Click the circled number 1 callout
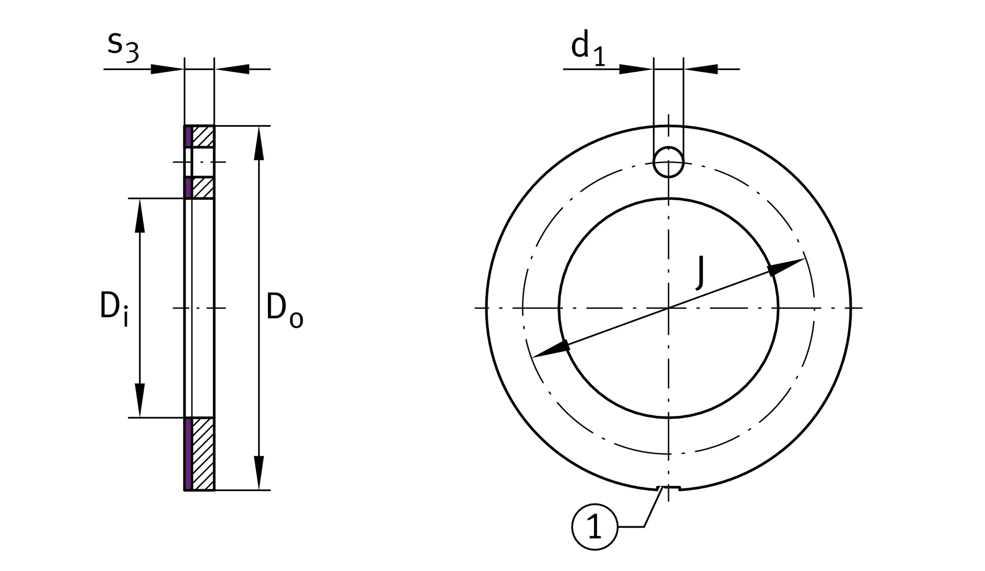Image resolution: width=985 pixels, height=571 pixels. pyautogui.click(x=594, y=527)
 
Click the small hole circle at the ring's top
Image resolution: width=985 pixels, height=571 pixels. pyautogui.click(x=669, y=162)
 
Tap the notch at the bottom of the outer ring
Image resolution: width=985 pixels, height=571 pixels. pyautogui.click(x=669, y=488)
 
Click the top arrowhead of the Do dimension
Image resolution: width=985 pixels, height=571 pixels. pyautogui.click(x=259, y=143)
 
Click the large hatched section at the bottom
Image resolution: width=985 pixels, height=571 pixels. pyautogui.click(x=203, y=453)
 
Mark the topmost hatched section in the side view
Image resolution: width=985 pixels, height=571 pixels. pyautogui.click(x=203, y=137)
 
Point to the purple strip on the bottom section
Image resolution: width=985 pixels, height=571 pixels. pyautogui.click(x=188, y=453)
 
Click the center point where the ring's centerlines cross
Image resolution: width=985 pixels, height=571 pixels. pyautogui.click(x=669, y=308)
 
